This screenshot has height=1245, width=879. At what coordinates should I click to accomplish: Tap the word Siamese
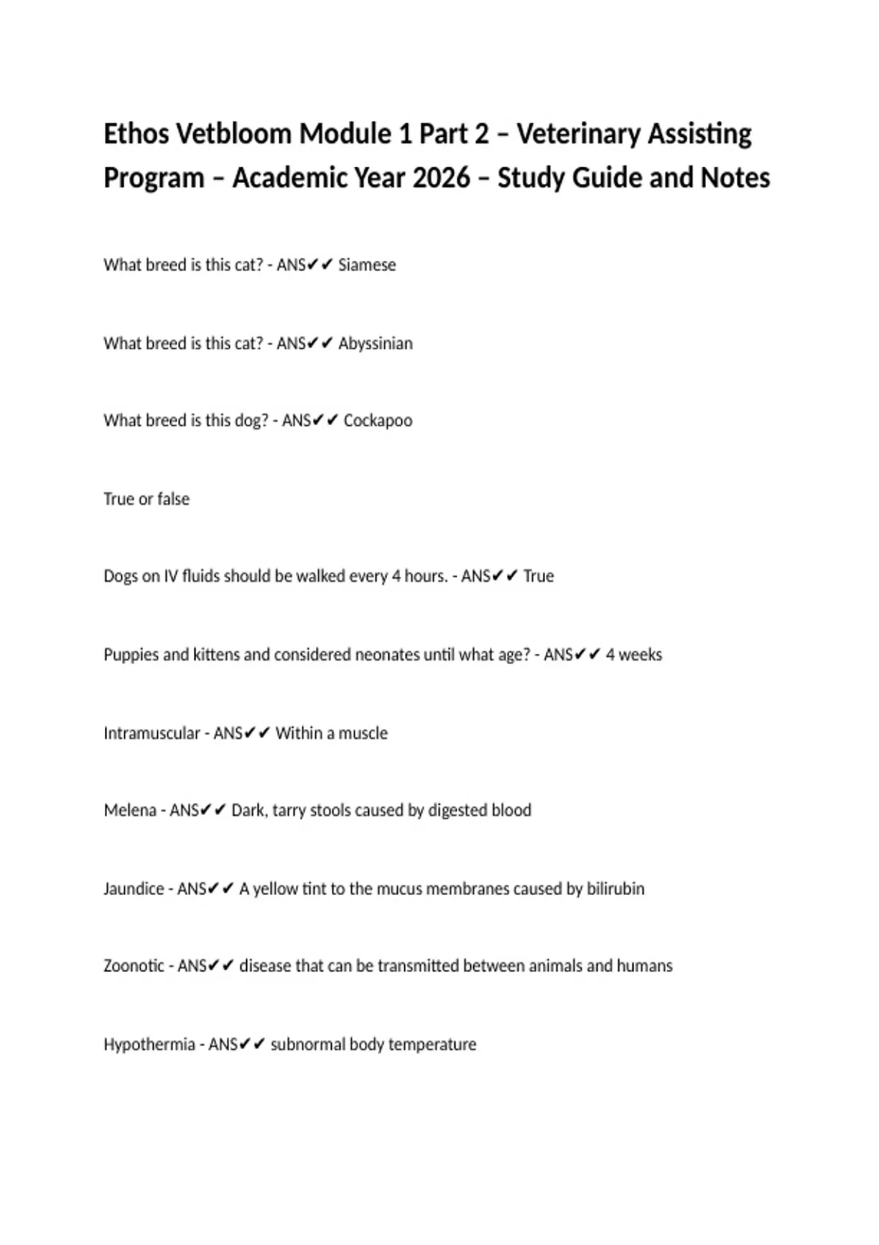point(366,265)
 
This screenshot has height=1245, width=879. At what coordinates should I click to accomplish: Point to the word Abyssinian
point(375,343)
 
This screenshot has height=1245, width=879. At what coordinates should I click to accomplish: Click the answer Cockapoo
point(377,421)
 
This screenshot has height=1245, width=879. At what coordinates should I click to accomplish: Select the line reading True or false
point(146,499)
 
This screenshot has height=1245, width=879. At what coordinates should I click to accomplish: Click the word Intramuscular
point(151,733)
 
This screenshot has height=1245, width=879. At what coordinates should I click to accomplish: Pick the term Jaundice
point(133,889)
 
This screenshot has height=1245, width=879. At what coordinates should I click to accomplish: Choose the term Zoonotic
point(134,966)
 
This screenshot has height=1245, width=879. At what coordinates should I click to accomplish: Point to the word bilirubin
point(615,889)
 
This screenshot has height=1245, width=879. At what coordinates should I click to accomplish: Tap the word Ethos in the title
point(136,134)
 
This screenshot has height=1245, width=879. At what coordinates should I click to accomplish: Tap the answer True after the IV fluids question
point(538,576)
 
